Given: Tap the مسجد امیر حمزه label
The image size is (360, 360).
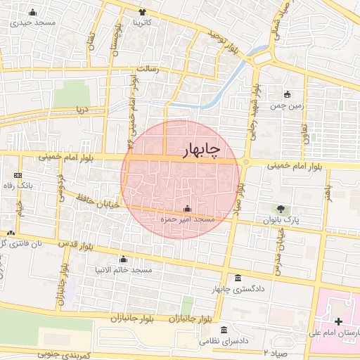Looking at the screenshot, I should [187, 220].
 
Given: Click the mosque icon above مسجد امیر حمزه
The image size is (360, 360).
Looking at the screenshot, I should [187, 209].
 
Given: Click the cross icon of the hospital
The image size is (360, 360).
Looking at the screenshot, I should [338, 321].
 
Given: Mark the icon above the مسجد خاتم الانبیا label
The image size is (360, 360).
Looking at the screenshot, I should [124, 259].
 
